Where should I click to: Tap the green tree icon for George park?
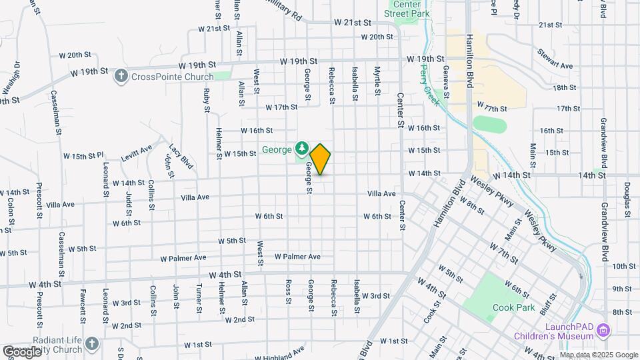pyautogui.click(x=302, y=147)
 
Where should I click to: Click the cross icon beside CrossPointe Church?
pyautogui.click(x=121, y=75)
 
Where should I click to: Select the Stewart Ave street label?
pyautogui.click(x=557, y=66)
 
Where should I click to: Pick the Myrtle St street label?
pyautogui.click(x=377, y=79)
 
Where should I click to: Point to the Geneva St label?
pyautogui.click(x=446, y=77)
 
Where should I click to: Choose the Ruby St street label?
pyautogui.click(x=207, y=99)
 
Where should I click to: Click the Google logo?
pyautogui.click(x=23, y=351)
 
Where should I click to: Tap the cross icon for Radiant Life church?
pyautogui.click(x=92, y=344)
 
